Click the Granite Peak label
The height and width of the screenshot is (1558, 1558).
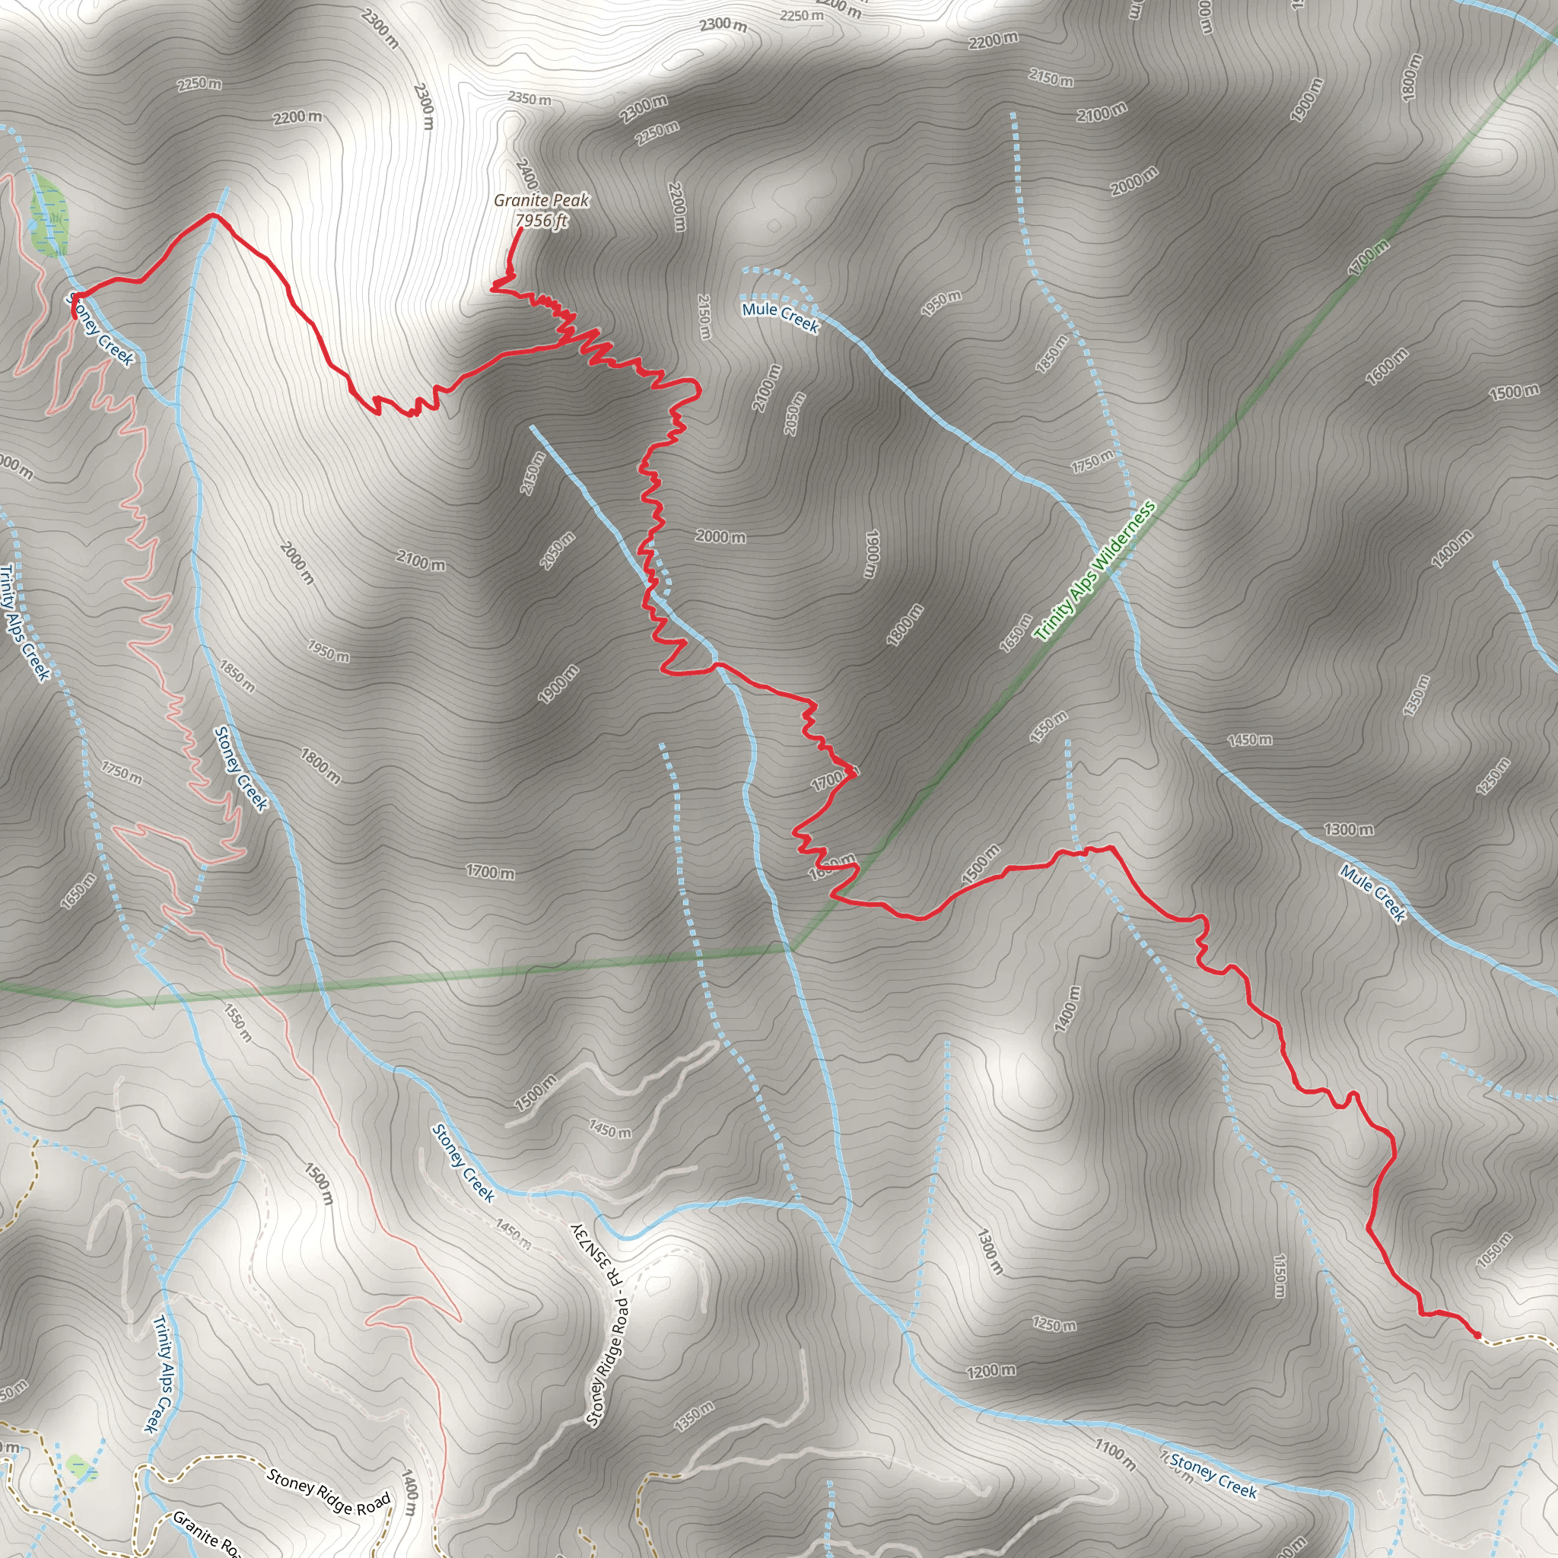click(541, 200)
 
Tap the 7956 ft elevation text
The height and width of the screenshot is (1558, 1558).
click(541, 220)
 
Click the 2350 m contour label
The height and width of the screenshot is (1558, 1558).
click(529, 98)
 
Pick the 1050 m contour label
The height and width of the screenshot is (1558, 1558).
click(1493, 1251)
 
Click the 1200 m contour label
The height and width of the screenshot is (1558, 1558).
click(991, 1370)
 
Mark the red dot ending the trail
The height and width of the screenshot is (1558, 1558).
click(1477, 1334)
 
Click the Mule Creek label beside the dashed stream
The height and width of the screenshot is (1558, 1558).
click(780, 317)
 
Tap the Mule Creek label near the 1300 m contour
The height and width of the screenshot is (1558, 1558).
click(1372, 892)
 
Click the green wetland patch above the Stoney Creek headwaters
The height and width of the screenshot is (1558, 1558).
click(49, 217)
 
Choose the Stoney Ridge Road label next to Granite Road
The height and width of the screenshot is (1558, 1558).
click(329, 1492)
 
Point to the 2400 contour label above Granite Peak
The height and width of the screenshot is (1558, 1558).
click(526, 173)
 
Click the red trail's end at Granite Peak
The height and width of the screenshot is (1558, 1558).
click(520, 230)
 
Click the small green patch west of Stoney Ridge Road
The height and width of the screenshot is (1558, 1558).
click(79, 1464)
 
